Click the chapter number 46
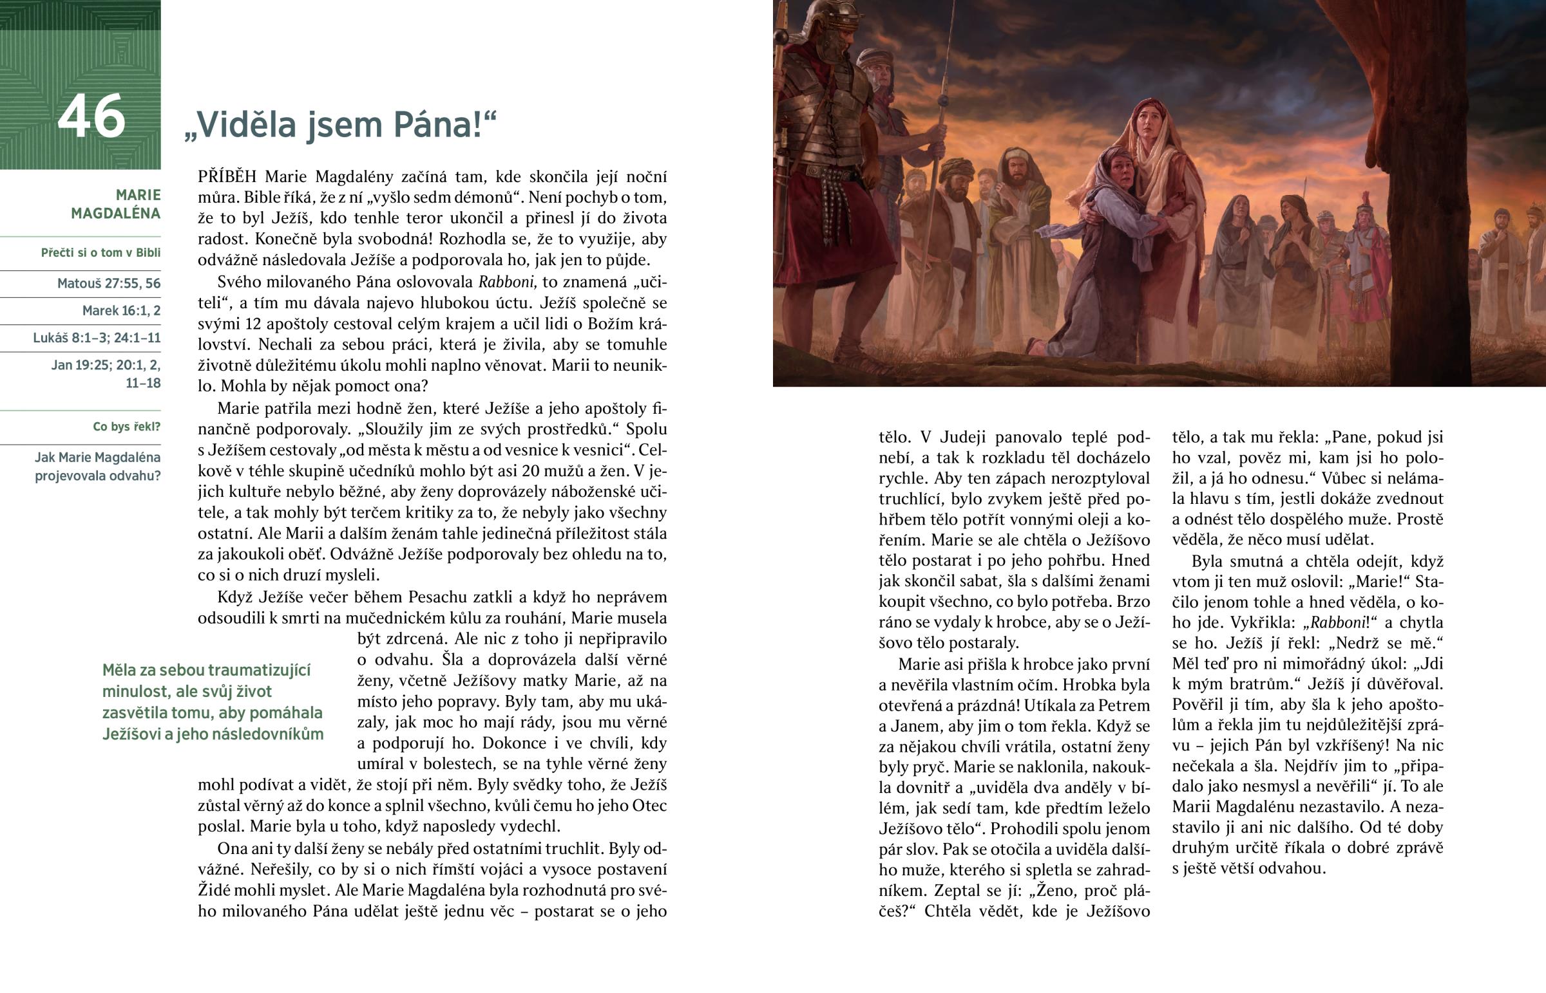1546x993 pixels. tap(91, 116)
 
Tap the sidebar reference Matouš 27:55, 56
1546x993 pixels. tap(108, 283)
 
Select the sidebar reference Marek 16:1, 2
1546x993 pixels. tap(121, 310)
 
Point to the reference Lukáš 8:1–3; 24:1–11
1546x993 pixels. tap(97, 338)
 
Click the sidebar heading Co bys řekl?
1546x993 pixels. tap(126, 427)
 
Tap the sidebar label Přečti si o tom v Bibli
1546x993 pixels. tap(100, 253)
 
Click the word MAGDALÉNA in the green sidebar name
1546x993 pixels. tap(115, 214)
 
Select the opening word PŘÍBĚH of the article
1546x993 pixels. tap(227, 177)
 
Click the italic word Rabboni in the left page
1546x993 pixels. tap(506, 282)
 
